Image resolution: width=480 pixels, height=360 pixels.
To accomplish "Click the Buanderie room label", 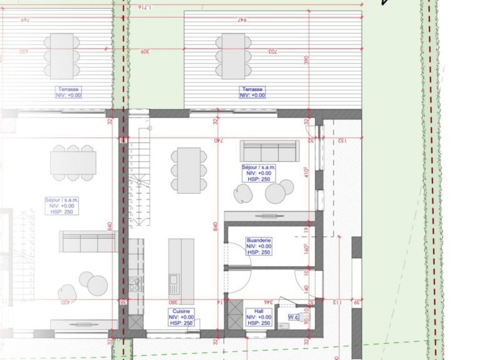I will tap(258, 246).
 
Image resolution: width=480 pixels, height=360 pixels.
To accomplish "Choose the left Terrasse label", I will tap(68, 92).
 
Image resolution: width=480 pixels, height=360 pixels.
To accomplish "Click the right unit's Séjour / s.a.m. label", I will tap(258, 172).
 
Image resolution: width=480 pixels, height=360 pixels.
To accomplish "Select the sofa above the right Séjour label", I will tap(269, 151).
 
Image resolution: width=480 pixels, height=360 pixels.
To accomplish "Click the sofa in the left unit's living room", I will tap(87, 241).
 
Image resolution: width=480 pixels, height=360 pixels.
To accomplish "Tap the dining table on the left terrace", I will tap(62, 55).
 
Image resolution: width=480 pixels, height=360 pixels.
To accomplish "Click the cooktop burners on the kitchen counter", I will tap(134, 285).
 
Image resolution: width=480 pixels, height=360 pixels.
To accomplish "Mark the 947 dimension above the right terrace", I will tap(242, 21).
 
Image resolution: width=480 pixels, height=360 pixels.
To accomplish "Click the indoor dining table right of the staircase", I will tap(188, 169).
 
